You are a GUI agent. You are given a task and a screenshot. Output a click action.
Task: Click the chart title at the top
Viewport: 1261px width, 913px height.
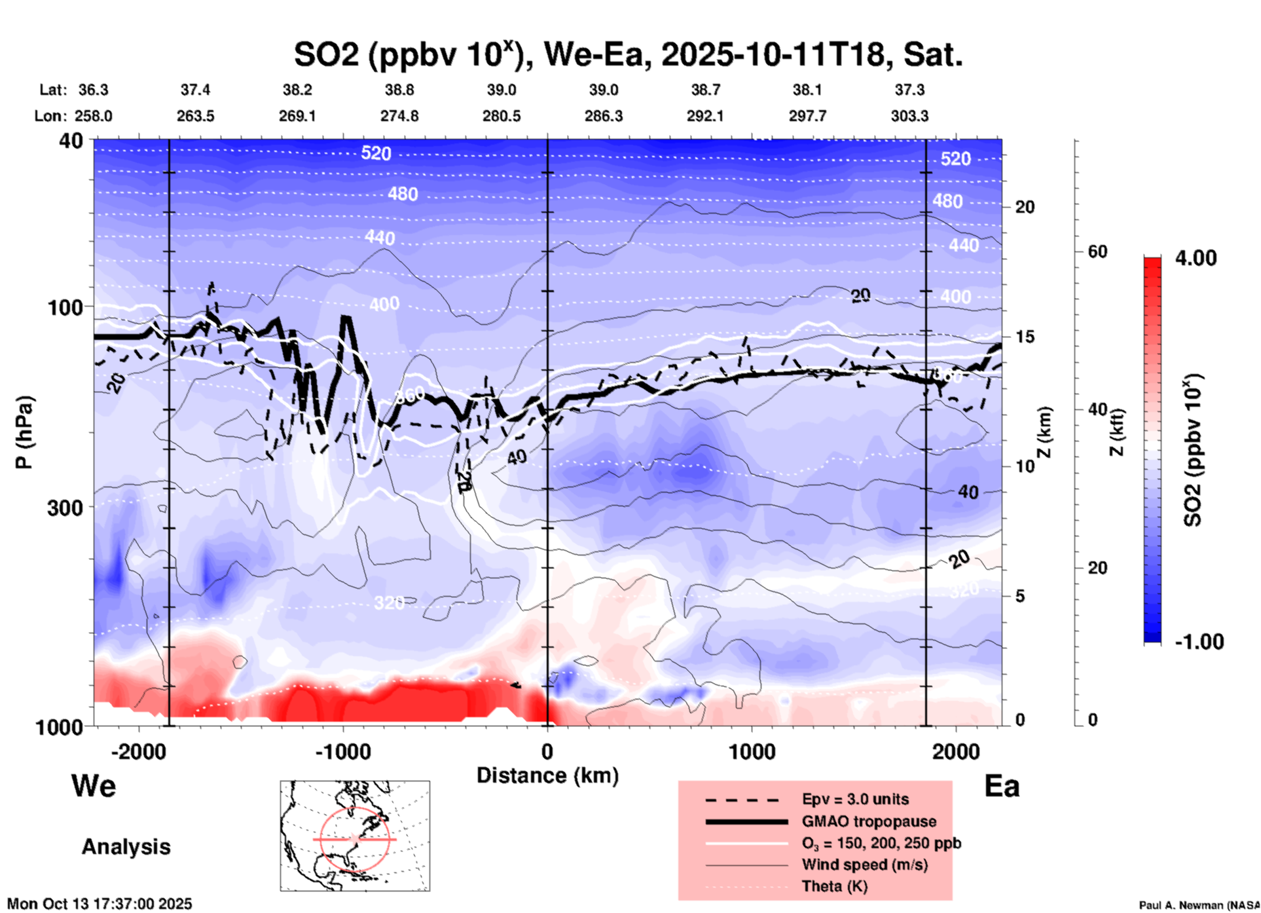(627, 54)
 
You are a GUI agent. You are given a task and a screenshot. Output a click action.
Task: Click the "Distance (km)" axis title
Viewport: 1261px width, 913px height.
(547, 775)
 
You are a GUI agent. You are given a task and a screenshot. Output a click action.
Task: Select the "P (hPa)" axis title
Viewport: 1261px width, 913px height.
(24, 432)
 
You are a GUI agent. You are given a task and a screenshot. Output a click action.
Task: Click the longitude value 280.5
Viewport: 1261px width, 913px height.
(502, 116)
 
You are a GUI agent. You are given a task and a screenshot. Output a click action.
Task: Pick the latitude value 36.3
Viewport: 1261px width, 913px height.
(94, 90)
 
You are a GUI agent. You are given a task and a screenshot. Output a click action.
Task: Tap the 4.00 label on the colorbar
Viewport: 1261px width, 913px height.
(1196, 258)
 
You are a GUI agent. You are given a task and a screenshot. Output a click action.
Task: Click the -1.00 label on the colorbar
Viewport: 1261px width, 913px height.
(1199, 642)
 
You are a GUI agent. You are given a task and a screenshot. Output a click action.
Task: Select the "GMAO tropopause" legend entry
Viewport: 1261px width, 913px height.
(869, 821)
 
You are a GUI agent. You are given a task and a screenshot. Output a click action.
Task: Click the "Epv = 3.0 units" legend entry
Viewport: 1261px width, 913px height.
(855, 799)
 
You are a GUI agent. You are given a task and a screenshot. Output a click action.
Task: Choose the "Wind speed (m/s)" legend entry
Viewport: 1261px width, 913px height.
(864, 865)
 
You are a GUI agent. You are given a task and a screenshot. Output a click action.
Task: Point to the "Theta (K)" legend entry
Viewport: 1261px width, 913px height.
(835, 886)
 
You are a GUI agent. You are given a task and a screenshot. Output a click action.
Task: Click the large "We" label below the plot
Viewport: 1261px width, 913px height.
(94, 786)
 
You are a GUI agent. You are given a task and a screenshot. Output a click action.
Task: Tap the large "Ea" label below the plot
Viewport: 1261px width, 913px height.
(1002, 787)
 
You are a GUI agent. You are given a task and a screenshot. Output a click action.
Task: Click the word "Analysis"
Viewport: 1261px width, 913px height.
(126, 847)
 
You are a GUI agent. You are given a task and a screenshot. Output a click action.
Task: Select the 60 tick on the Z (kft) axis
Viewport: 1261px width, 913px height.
(1097, 252)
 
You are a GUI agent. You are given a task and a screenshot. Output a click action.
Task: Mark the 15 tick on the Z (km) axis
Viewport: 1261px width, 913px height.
(1025, 337)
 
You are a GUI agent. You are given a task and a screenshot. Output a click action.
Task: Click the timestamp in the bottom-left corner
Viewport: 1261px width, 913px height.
(100, 904)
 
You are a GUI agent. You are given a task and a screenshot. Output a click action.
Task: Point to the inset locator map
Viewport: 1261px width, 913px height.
(355, 836)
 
